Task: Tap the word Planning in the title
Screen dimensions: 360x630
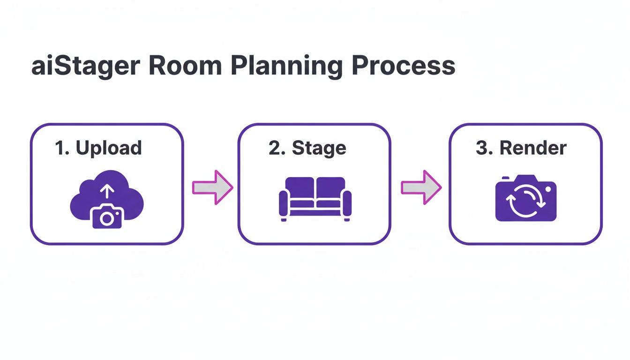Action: pos(286,66)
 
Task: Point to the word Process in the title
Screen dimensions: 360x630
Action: pos(403,66)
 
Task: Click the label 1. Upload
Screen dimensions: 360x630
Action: pos(98,148)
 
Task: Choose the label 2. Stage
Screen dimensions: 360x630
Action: pos(307,148)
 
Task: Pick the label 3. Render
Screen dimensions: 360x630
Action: pos(521,148)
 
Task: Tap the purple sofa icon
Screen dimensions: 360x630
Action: pos(315,198)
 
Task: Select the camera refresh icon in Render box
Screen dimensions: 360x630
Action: pos(525,198)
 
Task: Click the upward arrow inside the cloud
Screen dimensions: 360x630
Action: pos(107,191)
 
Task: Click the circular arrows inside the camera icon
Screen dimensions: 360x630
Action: pos(525,201)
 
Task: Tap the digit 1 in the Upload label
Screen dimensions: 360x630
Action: pos(59,148)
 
